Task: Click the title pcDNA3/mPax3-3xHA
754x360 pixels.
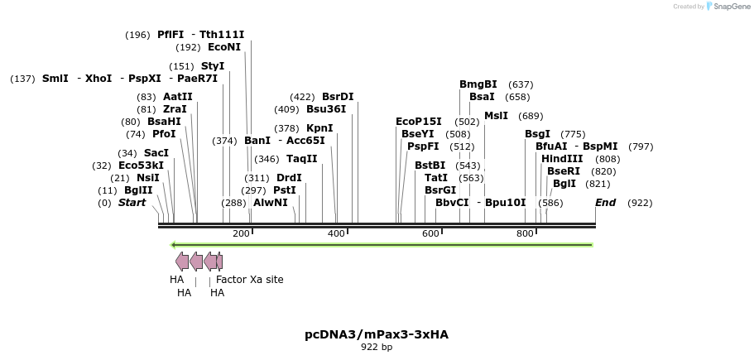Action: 377,334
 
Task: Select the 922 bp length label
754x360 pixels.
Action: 377,348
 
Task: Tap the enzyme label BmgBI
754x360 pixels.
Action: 478,84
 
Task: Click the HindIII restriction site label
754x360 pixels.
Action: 562,159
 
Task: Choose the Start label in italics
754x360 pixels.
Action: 132,203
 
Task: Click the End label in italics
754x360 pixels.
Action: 605,203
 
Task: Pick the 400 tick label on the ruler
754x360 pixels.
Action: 336,234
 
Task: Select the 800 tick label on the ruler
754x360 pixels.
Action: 525,234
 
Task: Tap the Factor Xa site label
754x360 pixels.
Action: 249,280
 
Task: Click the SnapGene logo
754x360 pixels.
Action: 728,7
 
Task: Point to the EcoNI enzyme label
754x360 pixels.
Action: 224,47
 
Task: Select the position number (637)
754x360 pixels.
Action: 521,84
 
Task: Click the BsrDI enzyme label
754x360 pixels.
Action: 338,97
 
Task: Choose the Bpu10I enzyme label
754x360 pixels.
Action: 505,203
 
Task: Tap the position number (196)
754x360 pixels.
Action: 137,35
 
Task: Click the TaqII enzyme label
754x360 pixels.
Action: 302,159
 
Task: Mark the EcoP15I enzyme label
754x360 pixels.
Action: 419,122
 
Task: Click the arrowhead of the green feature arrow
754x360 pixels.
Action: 174,245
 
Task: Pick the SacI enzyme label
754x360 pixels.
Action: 156,153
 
